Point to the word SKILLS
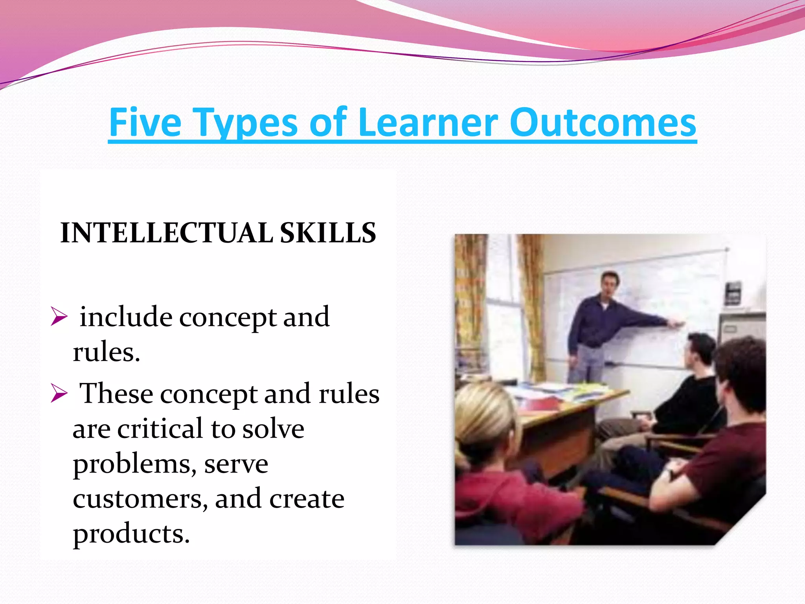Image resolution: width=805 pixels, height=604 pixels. pos(328,233)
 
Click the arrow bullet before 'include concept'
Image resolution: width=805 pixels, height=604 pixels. pos(59,317)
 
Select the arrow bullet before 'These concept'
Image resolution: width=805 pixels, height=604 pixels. pos(59,394)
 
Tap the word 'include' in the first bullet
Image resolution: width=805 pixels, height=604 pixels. pos(126,317)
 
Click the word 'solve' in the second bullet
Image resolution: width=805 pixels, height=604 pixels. pos(273,429)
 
